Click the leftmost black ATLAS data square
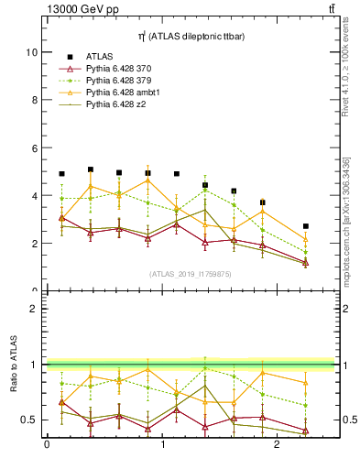(x=62, y=174)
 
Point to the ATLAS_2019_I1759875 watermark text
(x=190, y=273)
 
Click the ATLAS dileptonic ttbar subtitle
(x=190, y=35)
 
